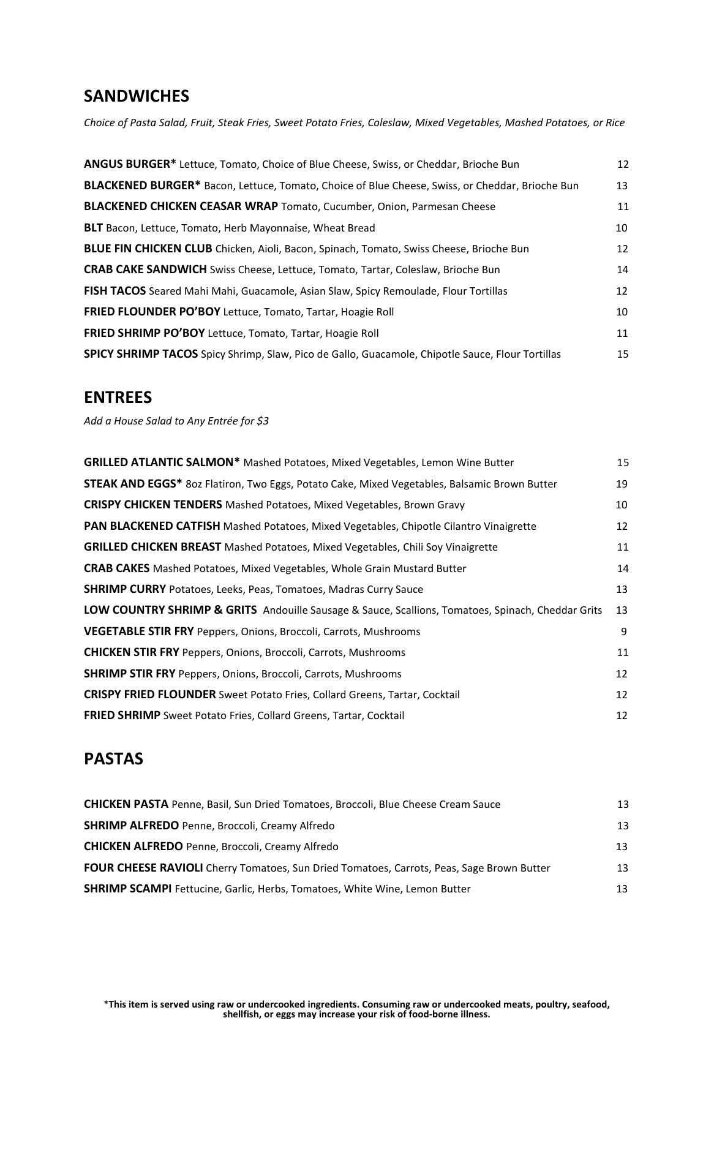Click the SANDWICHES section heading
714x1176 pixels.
(x=136, y=96)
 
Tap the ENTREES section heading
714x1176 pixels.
(x=118, y=398)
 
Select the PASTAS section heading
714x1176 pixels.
(x=113, y=759)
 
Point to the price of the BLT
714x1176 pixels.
(x=622, y=228)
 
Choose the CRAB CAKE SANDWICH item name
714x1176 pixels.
(x=145, y=269)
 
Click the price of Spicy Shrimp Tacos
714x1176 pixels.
(x=622, y=354)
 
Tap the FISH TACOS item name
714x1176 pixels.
(x=115, y=291)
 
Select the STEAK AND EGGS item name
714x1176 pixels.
(x=133, y=484)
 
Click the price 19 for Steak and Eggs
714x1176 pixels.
(x=622, y=484)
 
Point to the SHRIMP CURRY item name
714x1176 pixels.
(x=125, y=589)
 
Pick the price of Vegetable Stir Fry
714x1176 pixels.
(x=623, y=631)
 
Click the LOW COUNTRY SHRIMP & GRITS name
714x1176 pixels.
(x=170, y=610)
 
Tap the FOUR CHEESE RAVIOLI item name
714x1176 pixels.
(x=143, y=868)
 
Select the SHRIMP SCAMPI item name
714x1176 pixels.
(x=127, y=889)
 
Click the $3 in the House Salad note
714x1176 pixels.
(x=263, y=421)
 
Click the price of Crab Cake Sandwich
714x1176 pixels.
(x=622, y=269)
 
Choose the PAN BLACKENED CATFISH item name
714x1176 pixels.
(x=152, y=526)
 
